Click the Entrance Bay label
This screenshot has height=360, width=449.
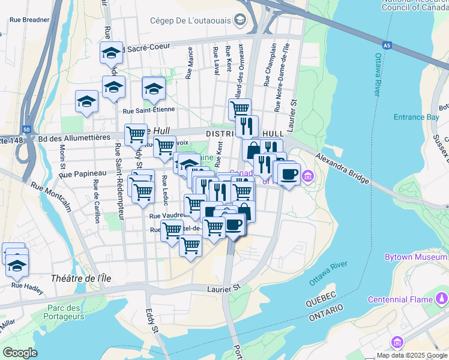tap(416, 117)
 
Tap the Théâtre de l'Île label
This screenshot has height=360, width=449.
tap(81, 278)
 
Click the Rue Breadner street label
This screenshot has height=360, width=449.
tap(29, 19)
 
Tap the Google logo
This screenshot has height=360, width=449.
tap(20, 352)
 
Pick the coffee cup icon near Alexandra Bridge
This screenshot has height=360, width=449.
tap(289, 174)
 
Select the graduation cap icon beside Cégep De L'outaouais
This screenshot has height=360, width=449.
tap(240, 20)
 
